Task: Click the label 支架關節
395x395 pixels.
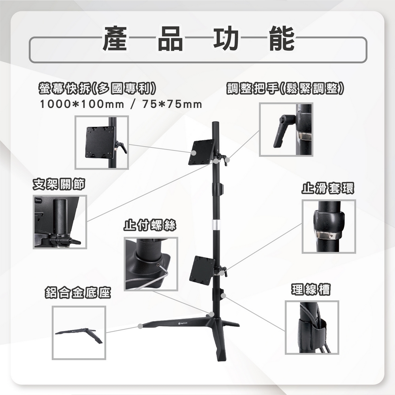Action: coord(58,184)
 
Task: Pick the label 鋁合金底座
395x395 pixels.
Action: coord(77,293)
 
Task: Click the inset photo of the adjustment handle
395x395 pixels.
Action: coord(286,130)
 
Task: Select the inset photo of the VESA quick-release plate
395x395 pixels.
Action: coord(102,142)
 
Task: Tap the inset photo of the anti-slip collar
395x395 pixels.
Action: coord(329,226)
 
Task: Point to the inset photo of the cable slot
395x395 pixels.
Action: coord(312,327)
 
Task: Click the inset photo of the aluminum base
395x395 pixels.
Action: coord(79,333)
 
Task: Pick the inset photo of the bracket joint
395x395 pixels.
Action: coord(60,222)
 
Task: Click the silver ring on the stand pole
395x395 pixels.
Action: coord(216,225)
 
